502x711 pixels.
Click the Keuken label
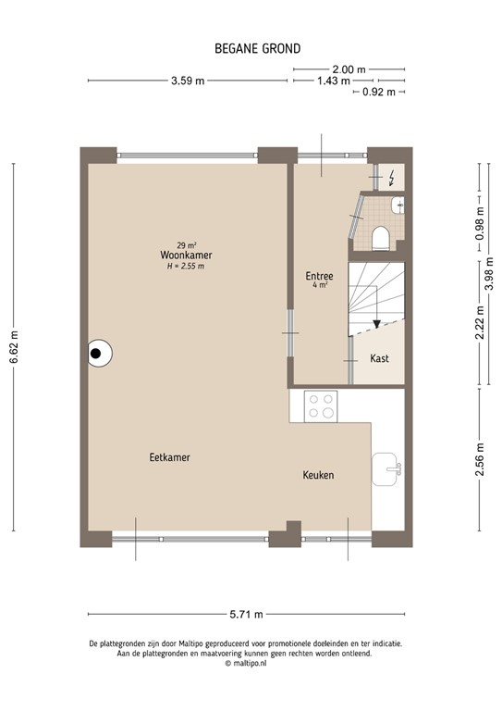pos(318,475)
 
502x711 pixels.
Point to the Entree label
pos(320,275)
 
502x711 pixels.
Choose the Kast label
pos(380,357)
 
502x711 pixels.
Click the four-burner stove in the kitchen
pos(321,405)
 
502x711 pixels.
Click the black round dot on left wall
pos(96,352)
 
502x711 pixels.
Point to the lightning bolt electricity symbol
pos(394,177)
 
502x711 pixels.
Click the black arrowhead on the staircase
pos(375,324)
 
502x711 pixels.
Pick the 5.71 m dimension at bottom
pos(246,615)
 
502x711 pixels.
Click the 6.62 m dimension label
pos(13,347)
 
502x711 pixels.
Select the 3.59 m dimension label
pos(188,81)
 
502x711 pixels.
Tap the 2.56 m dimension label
pos(479,458)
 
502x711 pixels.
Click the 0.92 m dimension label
pos(378,92)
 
